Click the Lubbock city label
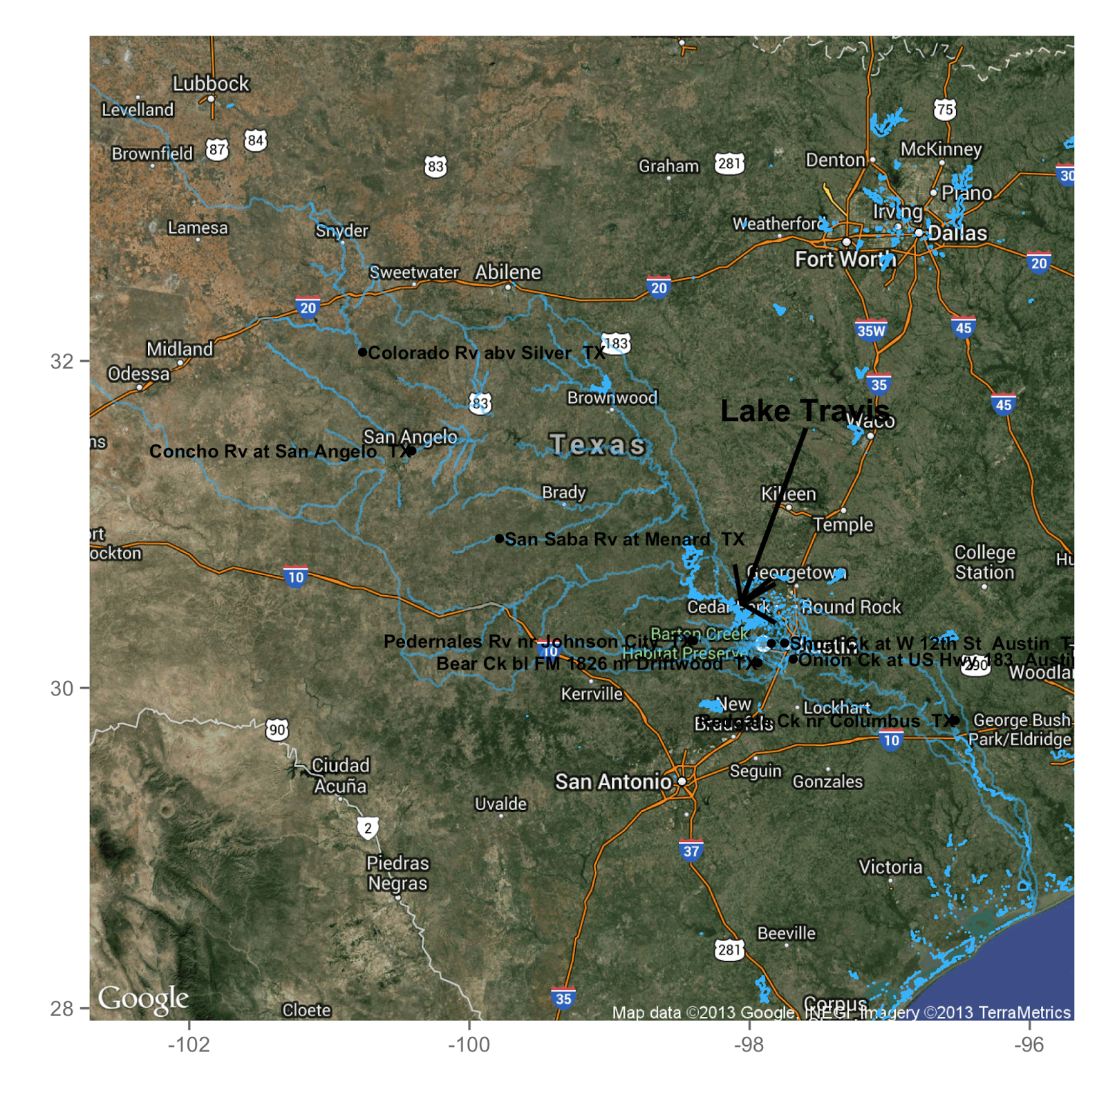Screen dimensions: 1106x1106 click(x=210, y=84)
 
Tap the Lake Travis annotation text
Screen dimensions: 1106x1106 click(x=805, y=411)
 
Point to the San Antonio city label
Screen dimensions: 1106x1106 click(x=613, y=782)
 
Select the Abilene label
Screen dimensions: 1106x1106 click(x=507, y=272)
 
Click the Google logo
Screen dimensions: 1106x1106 click(x=143, y=998)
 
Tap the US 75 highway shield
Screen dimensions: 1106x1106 click(x=944, y=109)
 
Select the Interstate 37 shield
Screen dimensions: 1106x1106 click(x=691, y=850)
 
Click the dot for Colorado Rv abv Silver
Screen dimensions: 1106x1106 click(x=362, y=352)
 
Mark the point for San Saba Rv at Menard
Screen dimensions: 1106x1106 click(x=499, y=538)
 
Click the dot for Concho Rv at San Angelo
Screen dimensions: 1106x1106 click(x=411, y=451)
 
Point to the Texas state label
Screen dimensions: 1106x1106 click(x=597, y=444)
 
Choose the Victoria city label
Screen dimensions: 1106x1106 click(x=890, y=867)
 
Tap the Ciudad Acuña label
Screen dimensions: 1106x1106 click(x=340, y=776)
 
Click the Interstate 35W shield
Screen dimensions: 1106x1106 click(x=871, y=330)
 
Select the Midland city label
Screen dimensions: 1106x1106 click(x=179, y=349)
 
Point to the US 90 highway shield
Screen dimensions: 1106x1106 click(x=277, y=729)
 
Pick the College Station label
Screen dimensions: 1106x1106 click(x=984, y=563)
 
